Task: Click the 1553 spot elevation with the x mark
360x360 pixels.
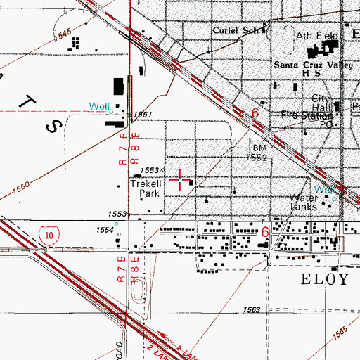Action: (150, 170)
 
